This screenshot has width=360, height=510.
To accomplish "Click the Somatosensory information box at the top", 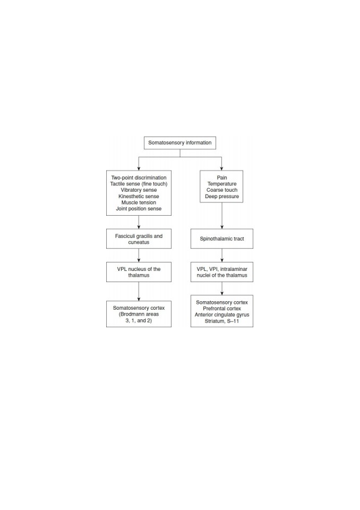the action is pyautogui.click(x=180, y=143).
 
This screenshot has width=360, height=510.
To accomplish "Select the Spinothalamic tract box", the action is pyautogui.click(x=222, y=239).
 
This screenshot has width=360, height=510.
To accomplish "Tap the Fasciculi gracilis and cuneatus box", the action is pyautogui.click(x=139, y=239).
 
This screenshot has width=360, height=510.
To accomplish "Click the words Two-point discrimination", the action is pyautogui.click(x=139, y=177).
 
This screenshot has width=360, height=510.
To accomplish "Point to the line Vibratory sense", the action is pyautogui.click(x=139, y=190).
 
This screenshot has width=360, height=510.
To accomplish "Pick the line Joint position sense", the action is pyautogui.click(x=139, y=208).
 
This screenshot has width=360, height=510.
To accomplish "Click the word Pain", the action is pyautogui.click(x=222, y=177).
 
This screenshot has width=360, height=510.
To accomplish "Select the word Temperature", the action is pyautogui.click(x=222, y=184).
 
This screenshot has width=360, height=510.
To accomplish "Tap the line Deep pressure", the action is pyautogui.click(x=222, y=197).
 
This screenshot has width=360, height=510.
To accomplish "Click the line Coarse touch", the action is pyautogui.click(x=222, y=190).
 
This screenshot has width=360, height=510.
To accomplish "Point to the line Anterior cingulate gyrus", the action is pyautogui.click(x=222, y=315).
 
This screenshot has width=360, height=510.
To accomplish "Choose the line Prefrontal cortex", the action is pyautogui.click(x=222, y=308).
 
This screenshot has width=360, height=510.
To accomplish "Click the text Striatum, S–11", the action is pyautogui.click(x=222, y=321).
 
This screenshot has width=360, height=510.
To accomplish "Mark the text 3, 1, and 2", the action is pyautogui.click(x=139, y=320).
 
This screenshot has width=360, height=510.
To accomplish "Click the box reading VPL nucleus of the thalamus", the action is pyautogui.click(x=139, y=272).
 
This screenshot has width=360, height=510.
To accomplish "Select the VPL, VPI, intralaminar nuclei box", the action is pyautogui.click(x=222, y=272).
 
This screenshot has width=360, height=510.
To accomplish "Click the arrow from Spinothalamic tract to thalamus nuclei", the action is pyautogui.click(x=222, y=256).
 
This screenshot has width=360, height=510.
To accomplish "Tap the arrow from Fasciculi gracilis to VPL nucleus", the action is pyautogui.click(x=139, y=256).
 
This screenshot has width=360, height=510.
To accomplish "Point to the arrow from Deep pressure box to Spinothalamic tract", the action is pyautogui.click(x=222, y=216).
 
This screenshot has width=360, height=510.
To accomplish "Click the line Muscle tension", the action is pyautogui.click(x=139, y=202).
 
